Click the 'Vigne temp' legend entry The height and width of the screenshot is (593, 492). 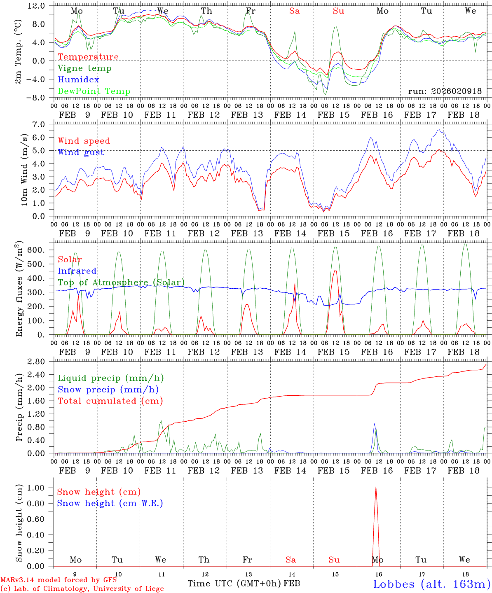pos(84,68)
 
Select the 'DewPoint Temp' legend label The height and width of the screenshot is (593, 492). pos(94,91)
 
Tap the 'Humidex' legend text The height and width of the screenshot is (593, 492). pos(78,80)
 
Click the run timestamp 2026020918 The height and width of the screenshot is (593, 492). pos(445,91)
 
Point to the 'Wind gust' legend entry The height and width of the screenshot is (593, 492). pos(81,152)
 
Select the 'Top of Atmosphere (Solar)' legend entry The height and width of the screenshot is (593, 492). pos(121,282)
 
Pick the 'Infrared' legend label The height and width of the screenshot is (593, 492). pos(77,271)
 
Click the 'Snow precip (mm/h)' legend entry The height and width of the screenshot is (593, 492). pos(108,390)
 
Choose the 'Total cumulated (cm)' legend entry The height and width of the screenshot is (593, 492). pos(110,401)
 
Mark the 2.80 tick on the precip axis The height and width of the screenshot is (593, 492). pos(40,362)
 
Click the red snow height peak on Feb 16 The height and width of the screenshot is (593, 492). pos(375,488)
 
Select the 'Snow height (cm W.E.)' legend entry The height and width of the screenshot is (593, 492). pos(110,503)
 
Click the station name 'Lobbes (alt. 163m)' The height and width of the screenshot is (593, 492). pos(431,584)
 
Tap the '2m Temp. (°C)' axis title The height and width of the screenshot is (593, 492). pos(18,51)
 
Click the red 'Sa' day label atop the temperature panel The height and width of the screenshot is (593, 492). pos(294,11)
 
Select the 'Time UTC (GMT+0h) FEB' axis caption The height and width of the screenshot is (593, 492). pos(244,584)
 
